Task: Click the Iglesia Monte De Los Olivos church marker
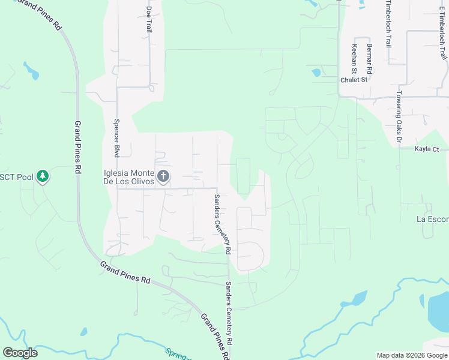[x=163, y=177]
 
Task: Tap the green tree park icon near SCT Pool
[x=42, y=176]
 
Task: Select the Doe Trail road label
[x=149, y=20]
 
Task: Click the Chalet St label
[x=353, y=79]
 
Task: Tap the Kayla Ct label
[x=427, y=149]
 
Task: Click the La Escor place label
[x=432, y=220]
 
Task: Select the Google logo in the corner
[x=20, y=352]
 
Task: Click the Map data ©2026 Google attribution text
[x=411, y=355]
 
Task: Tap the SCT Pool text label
[x=15, y=176]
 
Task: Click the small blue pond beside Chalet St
[x=316, y=73]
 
